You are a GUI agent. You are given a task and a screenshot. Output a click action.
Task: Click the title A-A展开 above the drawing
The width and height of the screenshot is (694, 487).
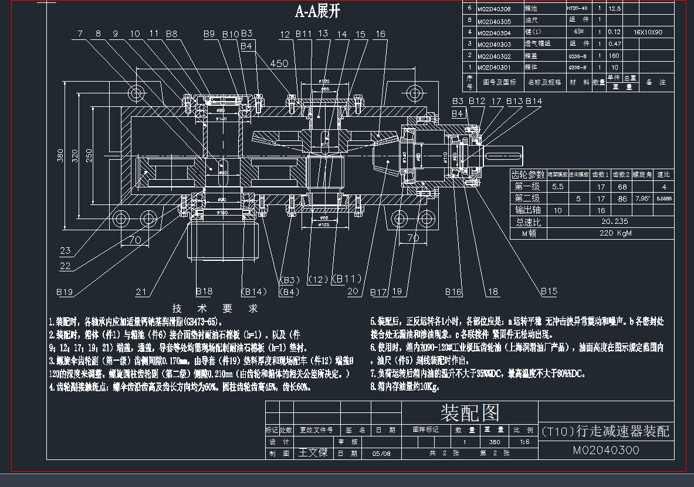317,12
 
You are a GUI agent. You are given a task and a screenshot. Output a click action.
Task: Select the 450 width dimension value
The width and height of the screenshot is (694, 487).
279,63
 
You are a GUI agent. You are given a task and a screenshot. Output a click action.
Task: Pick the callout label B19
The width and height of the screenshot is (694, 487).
65,292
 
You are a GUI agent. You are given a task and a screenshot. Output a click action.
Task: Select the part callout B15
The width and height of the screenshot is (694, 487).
549,291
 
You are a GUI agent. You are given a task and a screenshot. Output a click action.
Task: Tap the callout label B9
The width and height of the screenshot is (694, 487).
209,34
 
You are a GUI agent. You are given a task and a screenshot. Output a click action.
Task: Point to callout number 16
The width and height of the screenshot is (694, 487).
380,34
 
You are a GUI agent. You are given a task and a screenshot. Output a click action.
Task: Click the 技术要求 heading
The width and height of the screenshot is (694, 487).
215,308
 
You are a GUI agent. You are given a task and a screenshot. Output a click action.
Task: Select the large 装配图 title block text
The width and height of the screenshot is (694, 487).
470,413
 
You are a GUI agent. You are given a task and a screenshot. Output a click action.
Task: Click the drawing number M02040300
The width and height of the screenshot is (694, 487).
606,451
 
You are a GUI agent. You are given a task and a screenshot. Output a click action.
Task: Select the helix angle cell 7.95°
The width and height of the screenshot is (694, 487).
642,199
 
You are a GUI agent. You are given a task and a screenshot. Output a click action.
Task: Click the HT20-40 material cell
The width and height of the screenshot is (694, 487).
577,9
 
